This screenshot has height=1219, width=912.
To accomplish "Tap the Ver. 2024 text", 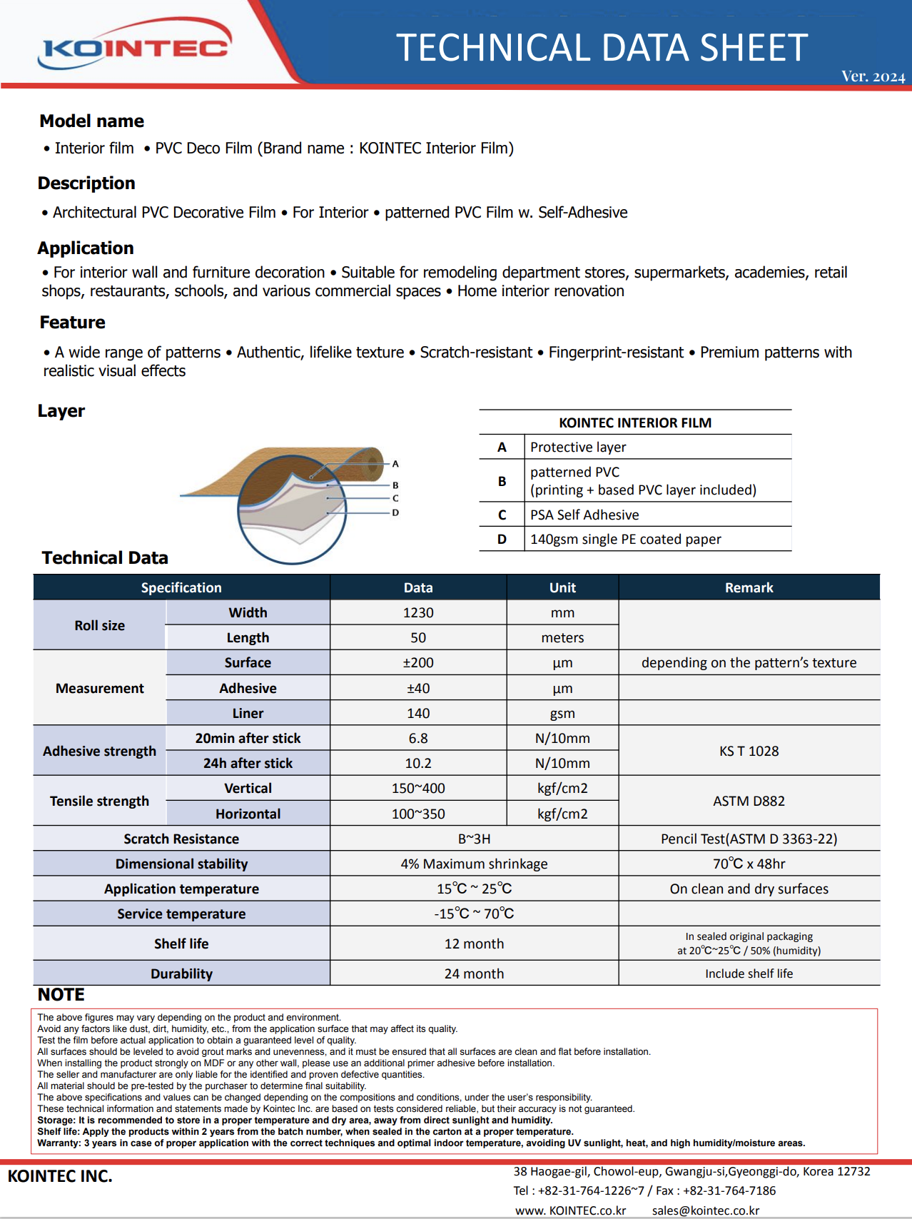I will (873, 76).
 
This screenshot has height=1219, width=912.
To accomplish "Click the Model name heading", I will (91, 121).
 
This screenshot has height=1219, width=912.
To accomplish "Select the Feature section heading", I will (72, 323).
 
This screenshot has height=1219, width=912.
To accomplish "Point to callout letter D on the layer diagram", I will (395, 512).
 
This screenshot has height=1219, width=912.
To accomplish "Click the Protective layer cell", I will (578, 447).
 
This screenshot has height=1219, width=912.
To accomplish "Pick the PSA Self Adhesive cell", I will (584, 515).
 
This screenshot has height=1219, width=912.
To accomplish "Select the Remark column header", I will (749, 588).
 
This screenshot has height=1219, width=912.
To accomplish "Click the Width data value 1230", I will (418, 613).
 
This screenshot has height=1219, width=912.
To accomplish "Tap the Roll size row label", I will (99, 626).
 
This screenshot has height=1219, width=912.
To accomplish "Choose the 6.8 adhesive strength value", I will (418, 739).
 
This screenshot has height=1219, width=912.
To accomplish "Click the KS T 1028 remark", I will (749, 752).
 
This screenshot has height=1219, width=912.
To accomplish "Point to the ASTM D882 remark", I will (749, 801).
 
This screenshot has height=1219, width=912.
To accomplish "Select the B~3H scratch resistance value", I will (474, 839).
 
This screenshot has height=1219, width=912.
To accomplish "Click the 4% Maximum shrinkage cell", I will (474, 864).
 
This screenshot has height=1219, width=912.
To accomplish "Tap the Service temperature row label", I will (181, 914).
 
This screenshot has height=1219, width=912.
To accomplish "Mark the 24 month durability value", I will (474, 974).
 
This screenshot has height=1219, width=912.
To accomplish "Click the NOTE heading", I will (61, 995).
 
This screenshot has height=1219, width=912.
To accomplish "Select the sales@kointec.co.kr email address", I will (705, 1210).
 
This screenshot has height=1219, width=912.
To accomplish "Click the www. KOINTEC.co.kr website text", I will (570, 1210).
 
